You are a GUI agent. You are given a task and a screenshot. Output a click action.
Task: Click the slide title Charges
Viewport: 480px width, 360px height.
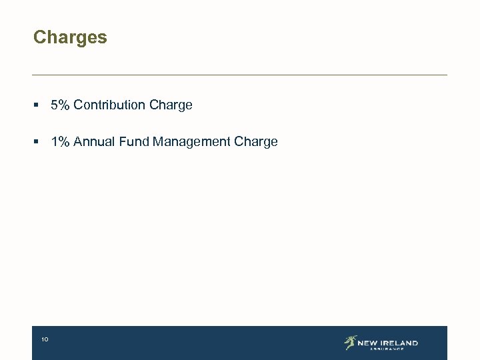pyautogui.click(x=70, y=37)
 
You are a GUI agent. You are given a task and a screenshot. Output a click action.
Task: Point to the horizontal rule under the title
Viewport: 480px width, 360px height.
pyautogui.click(x=240, y=75)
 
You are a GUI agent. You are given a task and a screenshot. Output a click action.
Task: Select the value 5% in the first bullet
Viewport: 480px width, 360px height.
pyautogui.click(x=60, y=105)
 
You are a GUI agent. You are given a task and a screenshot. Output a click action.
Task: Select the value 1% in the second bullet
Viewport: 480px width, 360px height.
pyautogui.click(x=60, y=141)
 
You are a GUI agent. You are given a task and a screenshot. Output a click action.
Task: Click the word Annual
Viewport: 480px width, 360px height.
pyautogui.click(x=95, y=141)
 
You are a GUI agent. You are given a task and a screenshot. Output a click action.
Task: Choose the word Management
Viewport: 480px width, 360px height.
pyautogui.click(x=192, y=142)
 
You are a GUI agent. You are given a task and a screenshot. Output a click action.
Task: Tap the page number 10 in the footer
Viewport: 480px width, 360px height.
pyautogui.click(x=45, y=340)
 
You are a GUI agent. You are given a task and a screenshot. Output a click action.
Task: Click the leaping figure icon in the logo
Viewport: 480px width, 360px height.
pyautogui.click(x=350, y=343)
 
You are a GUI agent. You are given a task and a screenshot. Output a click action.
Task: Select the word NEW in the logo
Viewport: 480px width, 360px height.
pyautogui.click(x=368, y=343)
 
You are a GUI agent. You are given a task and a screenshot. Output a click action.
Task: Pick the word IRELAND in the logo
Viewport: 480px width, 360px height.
pyautogui.click(x=399, y=343)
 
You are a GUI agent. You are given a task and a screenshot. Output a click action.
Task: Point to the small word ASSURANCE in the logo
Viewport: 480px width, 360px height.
pyautogui.click(x=387, y=349)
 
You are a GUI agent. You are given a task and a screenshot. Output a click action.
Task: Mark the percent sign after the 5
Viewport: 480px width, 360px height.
pyautogui.click(x=64, y=105)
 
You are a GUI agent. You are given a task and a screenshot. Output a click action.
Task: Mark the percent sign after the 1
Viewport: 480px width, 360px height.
pyautogui.click(x=64, y=141)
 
